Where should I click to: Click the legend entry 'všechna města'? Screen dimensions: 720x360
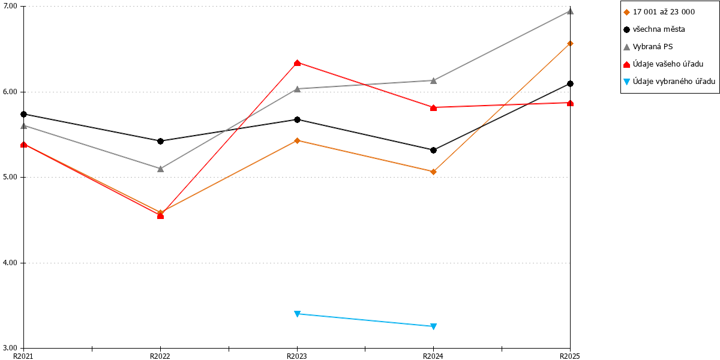coord(659,29)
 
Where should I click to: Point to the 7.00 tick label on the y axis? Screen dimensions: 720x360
coord(10,7)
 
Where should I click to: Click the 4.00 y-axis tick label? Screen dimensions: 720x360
coord(10,263)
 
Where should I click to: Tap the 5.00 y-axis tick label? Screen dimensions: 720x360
coord(10,178)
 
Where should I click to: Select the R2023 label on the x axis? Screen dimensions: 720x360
coord(296,356)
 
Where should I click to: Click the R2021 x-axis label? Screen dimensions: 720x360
coord(23,356)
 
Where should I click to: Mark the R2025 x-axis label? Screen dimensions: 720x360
coord(570,356)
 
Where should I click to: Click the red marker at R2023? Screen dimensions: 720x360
coord(298,62)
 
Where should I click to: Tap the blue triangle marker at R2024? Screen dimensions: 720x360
coord(433,326)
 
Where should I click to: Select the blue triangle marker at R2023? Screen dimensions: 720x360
coord(298,314)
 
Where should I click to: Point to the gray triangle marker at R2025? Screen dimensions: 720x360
coord(570,11)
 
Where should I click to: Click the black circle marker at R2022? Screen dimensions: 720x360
coord(160,141)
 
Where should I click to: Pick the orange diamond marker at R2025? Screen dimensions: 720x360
coord(570,43)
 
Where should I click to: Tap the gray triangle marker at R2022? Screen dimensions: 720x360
coord(160,169)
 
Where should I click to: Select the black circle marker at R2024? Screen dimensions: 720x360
coord(433,150)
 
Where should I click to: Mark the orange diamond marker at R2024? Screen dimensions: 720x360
coord(433,172)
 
